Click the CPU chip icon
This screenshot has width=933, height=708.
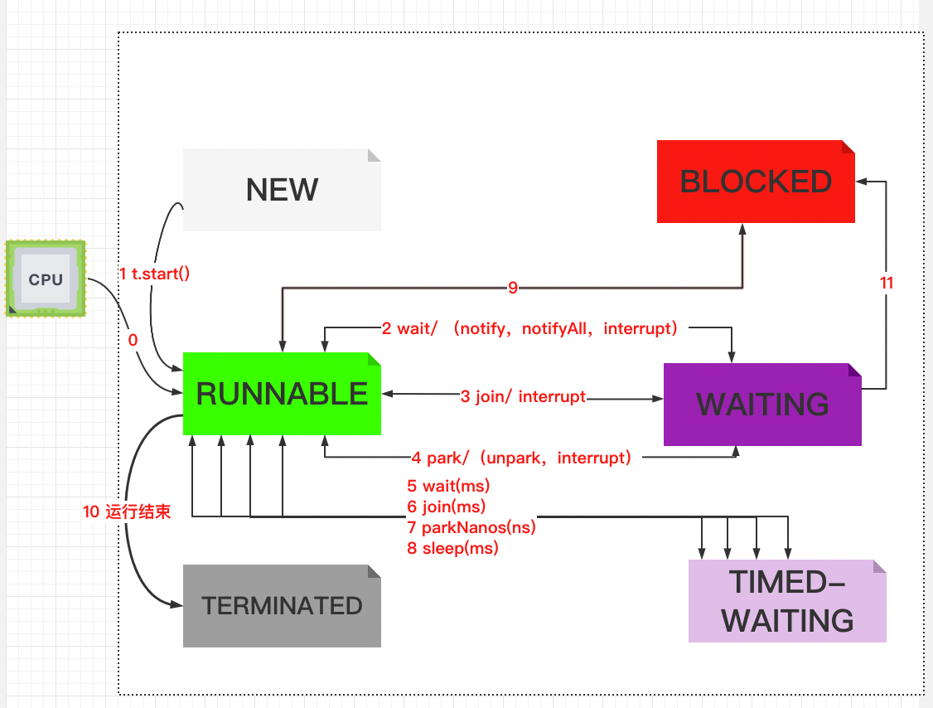pos(46,279)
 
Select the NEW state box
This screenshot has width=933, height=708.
pos(282,190)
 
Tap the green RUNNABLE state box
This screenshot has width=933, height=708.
pos(282,394)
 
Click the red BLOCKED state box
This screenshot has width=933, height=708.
pos(756,182)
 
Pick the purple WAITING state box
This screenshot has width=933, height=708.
pos(762,404)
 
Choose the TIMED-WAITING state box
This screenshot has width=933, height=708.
pos(787,601)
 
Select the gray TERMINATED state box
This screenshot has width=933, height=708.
pos(282,605)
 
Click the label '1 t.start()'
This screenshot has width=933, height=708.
pos(155,274)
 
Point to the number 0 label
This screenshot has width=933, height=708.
pos(133,340)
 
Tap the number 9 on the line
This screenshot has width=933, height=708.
pos(513,288)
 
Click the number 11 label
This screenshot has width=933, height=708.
pos(887,283)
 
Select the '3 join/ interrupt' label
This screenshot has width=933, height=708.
pos(523,397)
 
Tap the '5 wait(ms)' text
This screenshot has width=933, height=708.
pos(448,486)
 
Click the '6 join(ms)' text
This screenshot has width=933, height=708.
pos(446,507)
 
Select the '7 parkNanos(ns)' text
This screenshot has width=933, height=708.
pos(471,527)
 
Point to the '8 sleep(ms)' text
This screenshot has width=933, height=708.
pos(452,548)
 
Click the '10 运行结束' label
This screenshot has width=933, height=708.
pos(127,512)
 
